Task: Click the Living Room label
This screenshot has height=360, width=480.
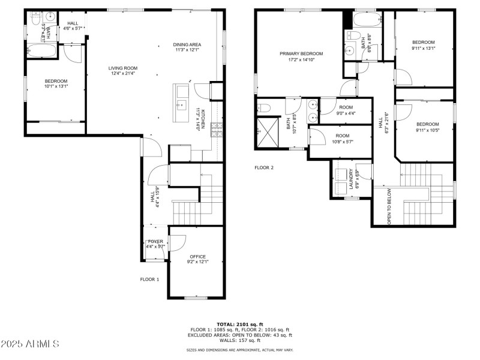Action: click(123, 71)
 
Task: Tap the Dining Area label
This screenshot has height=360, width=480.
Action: click(187, 47)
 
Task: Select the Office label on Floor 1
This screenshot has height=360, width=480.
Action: click(198, 259)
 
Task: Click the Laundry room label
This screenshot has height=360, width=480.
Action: click(354, 179)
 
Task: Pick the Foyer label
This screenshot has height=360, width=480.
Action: click(155, 244)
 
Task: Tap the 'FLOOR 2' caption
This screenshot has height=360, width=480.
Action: click(264, 167)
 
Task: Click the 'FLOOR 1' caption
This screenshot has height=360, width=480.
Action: click(150, 279)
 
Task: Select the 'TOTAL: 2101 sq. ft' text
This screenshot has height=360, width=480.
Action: click(240, 324)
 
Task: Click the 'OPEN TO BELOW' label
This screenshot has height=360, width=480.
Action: click(389, 206)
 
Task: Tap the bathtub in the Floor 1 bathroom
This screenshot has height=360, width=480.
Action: click(41, 52)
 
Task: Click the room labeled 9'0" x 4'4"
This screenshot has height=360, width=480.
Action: click(346, 109)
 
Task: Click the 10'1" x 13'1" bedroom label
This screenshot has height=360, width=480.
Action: click(56, 83)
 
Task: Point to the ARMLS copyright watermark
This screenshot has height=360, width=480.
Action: click(30, 344)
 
